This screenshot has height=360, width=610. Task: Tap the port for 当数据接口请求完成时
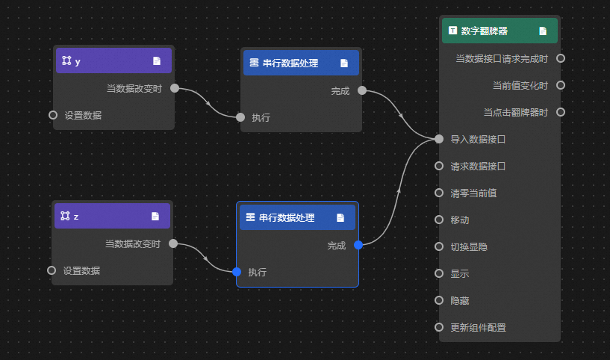(x=561, y=58)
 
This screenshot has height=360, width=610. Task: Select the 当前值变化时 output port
(x=561, y=85)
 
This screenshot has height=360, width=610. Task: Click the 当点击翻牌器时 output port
(x=561, y=112)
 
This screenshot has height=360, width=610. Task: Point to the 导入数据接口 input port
(x=439, y=139)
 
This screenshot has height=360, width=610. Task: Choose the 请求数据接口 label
(x=478, y=166)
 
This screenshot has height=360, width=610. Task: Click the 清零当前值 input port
(x=439, y=193)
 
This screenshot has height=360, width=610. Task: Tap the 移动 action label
(x=460, y=220)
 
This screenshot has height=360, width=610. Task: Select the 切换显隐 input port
(x=439, y=246)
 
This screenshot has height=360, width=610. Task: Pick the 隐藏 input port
(x=439, y=300)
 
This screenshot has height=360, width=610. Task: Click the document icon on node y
(x=157, y=61)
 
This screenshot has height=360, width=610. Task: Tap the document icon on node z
(x=155, y=216)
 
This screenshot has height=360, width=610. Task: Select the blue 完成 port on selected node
(x=358, y=245)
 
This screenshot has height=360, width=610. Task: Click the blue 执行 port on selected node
(x=237, y=272)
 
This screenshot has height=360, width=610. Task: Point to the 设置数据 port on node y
(x=53, y=115)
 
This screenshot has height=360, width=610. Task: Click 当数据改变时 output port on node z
(x=173, y=243)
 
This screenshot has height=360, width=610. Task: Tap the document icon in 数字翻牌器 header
(x=543, y=31)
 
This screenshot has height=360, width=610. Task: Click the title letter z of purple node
(x=76, y=216)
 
